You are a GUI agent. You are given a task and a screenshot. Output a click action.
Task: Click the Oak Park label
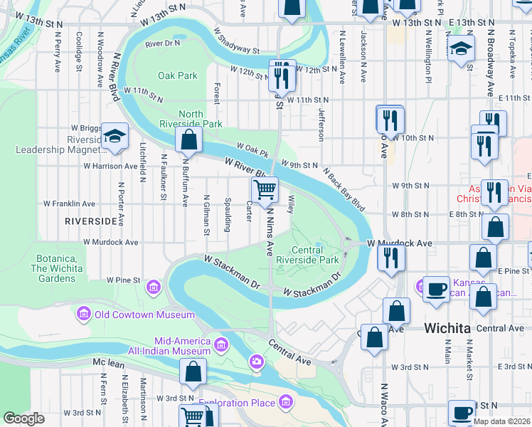click(177, 75)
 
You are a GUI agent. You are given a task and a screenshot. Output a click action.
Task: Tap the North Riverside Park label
click(201, 119)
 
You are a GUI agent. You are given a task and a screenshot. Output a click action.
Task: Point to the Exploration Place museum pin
click(287, 403)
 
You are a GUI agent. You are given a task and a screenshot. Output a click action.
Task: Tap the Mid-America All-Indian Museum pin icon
click(221, 345)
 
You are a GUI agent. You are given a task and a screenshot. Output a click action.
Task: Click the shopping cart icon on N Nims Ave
click(265, 190)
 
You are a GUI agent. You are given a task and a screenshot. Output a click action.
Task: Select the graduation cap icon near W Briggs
click(114, 137)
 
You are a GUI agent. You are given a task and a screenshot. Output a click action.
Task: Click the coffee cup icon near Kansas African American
click(436, 289)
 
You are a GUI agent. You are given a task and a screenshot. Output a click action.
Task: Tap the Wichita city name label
click(447, 328)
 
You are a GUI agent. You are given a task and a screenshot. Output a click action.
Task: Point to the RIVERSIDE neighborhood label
click(90, 221)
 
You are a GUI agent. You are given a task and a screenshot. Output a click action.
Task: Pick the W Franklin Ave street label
click(70, 203)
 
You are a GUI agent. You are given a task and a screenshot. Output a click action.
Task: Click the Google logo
click(24, 418)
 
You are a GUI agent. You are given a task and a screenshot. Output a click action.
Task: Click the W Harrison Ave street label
click(110, 166)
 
